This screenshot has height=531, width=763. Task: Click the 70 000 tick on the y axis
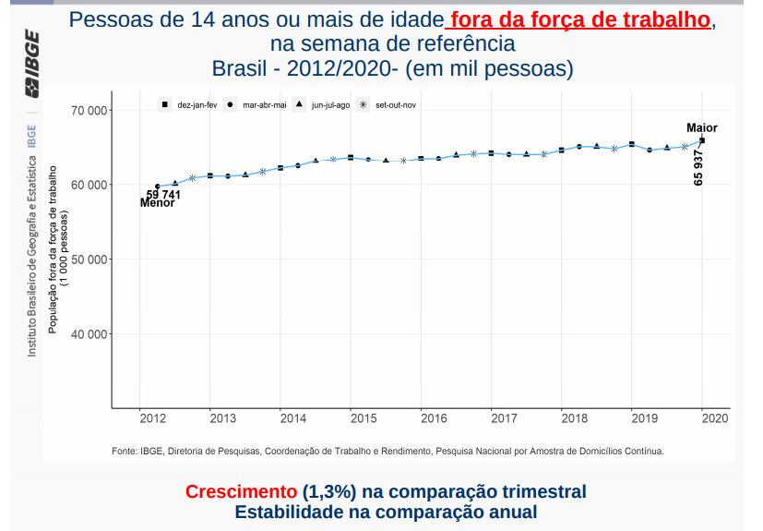click(89, 111)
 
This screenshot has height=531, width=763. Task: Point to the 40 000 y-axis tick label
click(89, 333)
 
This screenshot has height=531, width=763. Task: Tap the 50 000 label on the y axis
click(89, 259)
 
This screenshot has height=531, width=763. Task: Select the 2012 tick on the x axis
click(153, 418)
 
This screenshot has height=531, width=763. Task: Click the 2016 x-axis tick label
click(434, 418)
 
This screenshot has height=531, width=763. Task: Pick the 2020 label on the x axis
click(715, 418)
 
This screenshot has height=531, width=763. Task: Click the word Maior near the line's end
click(701, 128)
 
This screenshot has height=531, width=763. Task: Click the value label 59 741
click(163, 195)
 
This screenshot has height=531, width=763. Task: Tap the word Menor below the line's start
click(157, 203)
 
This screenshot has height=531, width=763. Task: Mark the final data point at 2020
click(702, 140)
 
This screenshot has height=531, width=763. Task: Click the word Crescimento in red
click(241, 492)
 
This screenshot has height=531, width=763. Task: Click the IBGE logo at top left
click(32, 75)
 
